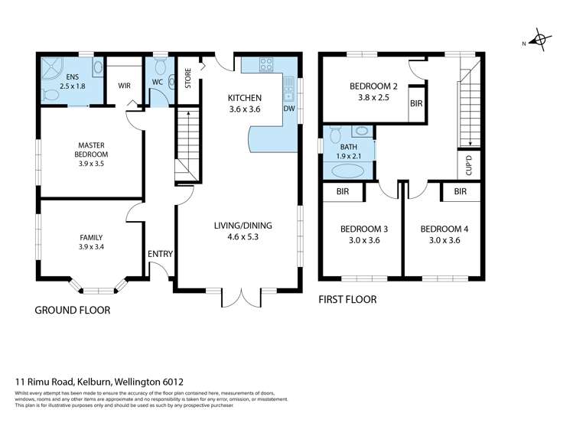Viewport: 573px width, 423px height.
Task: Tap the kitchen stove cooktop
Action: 266,65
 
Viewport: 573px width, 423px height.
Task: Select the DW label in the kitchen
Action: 289,109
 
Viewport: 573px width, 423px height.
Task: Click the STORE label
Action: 188,78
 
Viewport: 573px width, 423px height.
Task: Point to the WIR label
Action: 124,86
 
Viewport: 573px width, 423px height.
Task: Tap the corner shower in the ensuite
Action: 52,68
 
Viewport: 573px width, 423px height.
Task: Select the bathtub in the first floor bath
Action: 347,171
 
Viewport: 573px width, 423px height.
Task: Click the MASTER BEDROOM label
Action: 91,150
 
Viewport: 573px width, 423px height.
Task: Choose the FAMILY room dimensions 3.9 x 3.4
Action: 91,247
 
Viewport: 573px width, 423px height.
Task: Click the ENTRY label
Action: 160,254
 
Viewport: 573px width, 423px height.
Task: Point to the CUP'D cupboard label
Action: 469,165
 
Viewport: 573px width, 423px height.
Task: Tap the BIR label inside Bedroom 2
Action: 416,104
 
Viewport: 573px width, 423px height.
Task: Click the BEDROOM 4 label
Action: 444,229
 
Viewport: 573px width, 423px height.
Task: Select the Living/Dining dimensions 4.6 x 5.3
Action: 243,236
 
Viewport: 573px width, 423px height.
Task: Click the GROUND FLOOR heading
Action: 73,310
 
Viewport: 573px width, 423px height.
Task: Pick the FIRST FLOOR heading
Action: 347,300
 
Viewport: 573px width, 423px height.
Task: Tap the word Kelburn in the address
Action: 94,382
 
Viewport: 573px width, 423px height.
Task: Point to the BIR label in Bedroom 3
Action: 343,191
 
